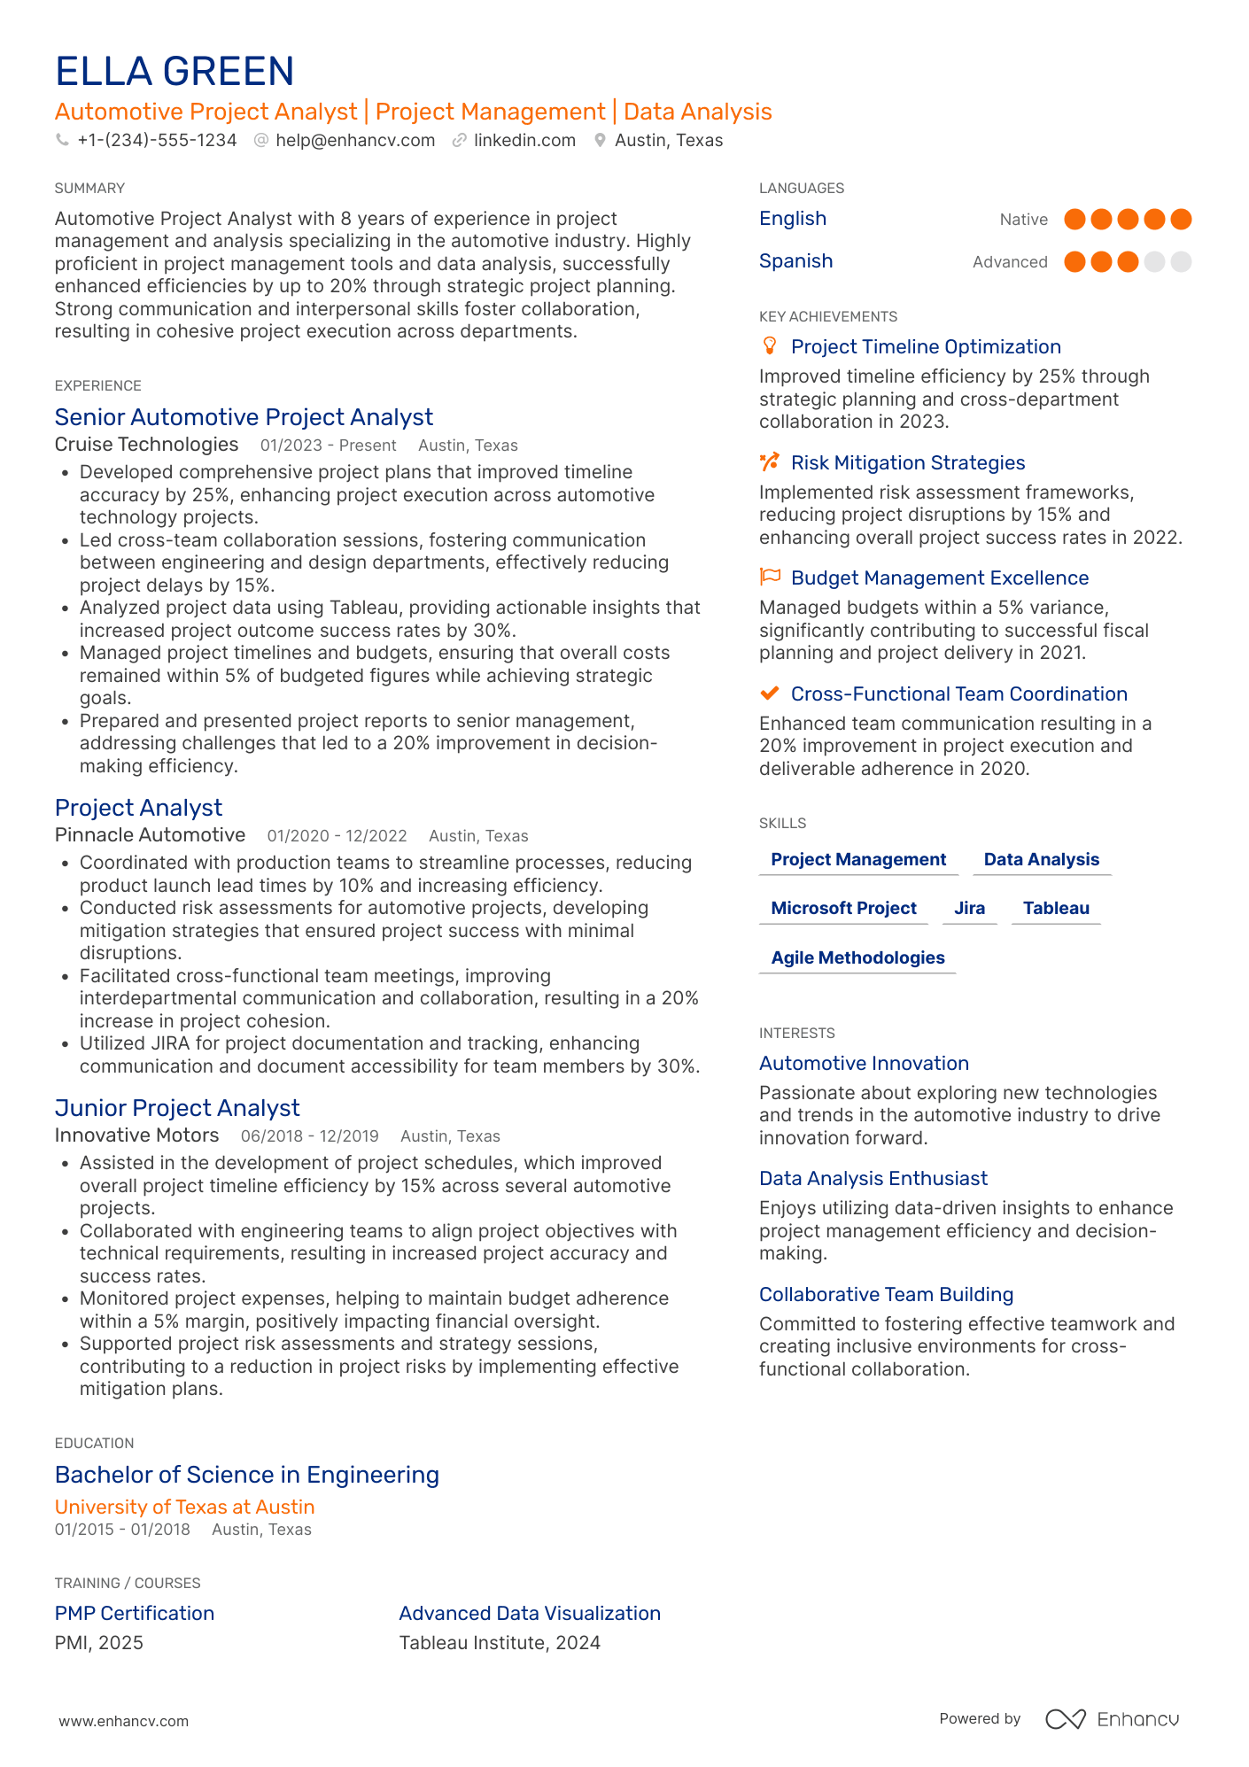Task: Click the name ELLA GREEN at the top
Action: (x=175, y=72)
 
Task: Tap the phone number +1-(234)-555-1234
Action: (x=157, y=141)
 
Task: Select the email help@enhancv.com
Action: (x=355, y=141)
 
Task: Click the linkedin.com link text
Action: (x=524, y=141)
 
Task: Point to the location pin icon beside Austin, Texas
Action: (x=600, y=141)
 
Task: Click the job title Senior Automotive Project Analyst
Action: (x=244, y=417)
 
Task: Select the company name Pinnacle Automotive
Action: (x=150, y=835)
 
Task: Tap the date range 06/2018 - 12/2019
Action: (x=309, y=1136)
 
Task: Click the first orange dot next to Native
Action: (x=1074, y=220)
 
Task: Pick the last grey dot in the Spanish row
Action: (x=1181, y=262)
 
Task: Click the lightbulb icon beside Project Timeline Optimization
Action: (x=770, y=345)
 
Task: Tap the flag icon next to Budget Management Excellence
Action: (x=770, y=577)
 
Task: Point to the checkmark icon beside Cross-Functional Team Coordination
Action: (x=770, y=694)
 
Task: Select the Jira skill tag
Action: (x=969, y=909)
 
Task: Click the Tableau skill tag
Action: (x=1056, y=909)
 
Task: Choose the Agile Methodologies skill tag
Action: (x=857, y=958)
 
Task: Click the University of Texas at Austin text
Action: (x=184, y=1507)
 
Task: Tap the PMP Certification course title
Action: (x=135, y=1614)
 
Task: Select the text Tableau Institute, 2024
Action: (x=500, y=1643)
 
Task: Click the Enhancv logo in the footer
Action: (x=1112, y=1719)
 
